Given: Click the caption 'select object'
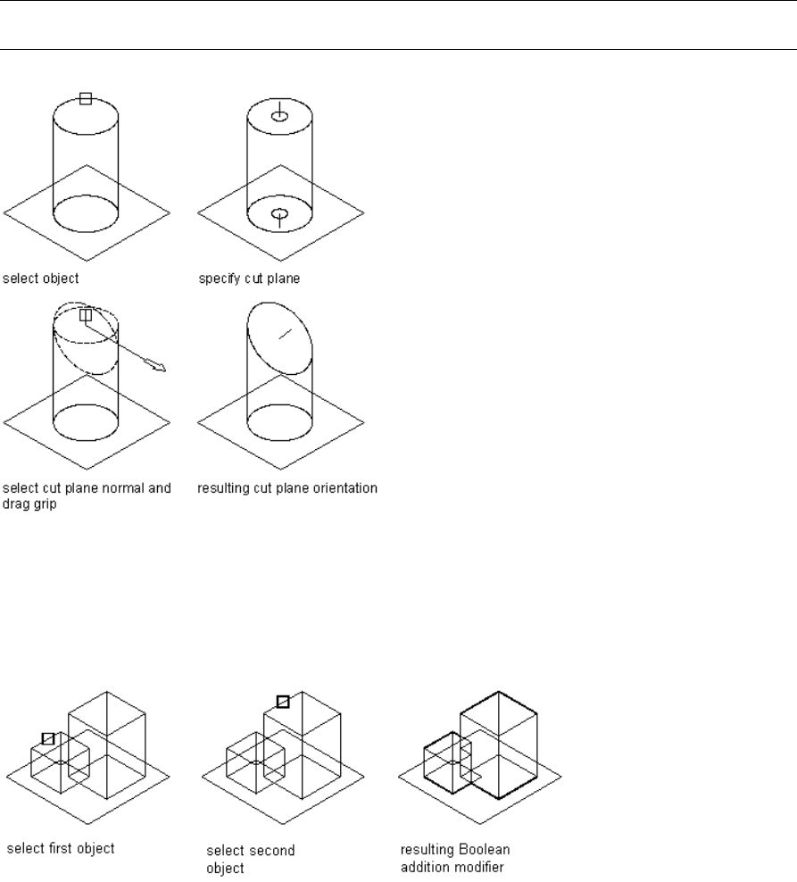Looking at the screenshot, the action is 41,278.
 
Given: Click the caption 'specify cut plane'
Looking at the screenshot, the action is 248,278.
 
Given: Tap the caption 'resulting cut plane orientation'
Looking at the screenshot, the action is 287,488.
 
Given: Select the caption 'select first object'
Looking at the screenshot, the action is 61,848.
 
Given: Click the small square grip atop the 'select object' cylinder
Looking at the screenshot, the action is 86,99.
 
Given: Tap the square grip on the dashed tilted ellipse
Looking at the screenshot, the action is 86,315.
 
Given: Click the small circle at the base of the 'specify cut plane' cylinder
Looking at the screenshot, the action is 279,214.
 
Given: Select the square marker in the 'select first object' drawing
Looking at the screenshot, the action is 48,738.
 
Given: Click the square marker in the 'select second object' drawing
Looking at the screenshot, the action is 282,702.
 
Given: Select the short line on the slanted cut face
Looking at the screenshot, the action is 285,333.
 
